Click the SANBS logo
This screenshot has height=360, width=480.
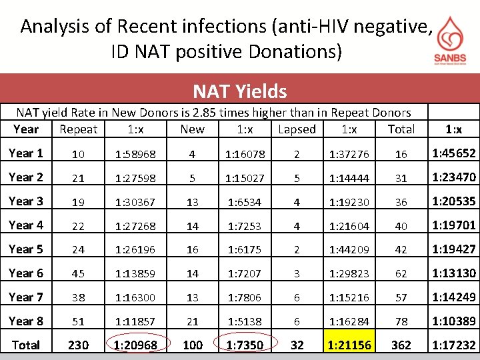click(x=450, y=41)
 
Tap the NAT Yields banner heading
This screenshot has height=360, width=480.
click(x=240, y=91)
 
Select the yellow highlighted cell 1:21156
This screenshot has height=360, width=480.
click(x=349, y=341)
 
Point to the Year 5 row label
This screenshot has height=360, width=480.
click(x=26, y=249)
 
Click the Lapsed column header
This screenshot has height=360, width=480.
click(x=297, y=129)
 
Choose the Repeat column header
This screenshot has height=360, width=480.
click(x=79, y=129)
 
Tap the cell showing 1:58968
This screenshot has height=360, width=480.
click(x=135, y=154)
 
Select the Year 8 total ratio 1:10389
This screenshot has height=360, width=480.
click(x=454, y=321)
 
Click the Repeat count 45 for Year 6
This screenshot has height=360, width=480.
click(x=78, y=273)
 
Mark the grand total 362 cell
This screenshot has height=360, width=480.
click(x=401, y=345)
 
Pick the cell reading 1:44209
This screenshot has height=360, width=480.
click(x=349, y=249)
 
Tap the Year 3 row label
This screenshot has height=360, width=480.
click(x=26, y=201)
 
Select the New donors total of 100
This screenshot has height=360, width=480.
click(x=193, y=345)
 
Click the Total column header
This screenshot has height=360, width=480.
click(x=401, y=129)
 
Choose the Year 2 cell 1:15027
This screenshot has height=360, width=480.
click(x=245, y=178)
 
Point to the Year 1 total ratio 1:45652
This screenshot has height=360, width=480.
click(x=454, y=153)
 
